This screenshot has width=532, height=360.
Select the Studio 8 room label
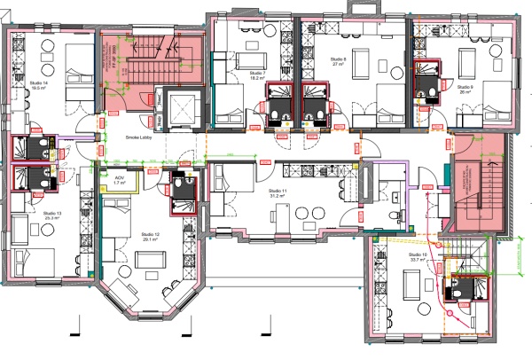point(338,62)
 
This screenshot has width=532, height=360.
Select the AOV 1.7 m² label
point(119,181)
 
